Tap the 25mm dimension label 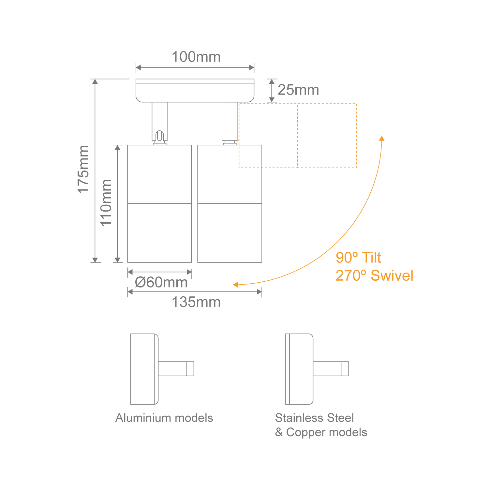click(298, 90)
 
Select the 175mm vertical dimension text click(83, 170)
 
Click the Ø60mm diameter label click(161, 282)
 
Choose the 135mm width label click(196, 302)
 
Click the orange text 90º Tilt click(358, 258)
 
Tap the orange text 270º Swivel click(374, 276)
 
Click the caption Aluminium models click(164, 418)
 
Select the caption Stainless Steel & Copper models click(321, 425)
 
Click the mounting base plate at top click(195, 91)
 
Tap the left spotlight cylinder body click(159, 204)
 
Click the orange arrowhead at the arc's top click(382, 138)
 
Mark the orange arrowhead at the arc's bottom click(235, 285)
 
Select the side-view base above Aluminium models click(144, 369)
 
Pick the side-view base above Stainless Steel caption click(299, 369)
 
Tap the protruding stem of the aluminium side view click(176, 369)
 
